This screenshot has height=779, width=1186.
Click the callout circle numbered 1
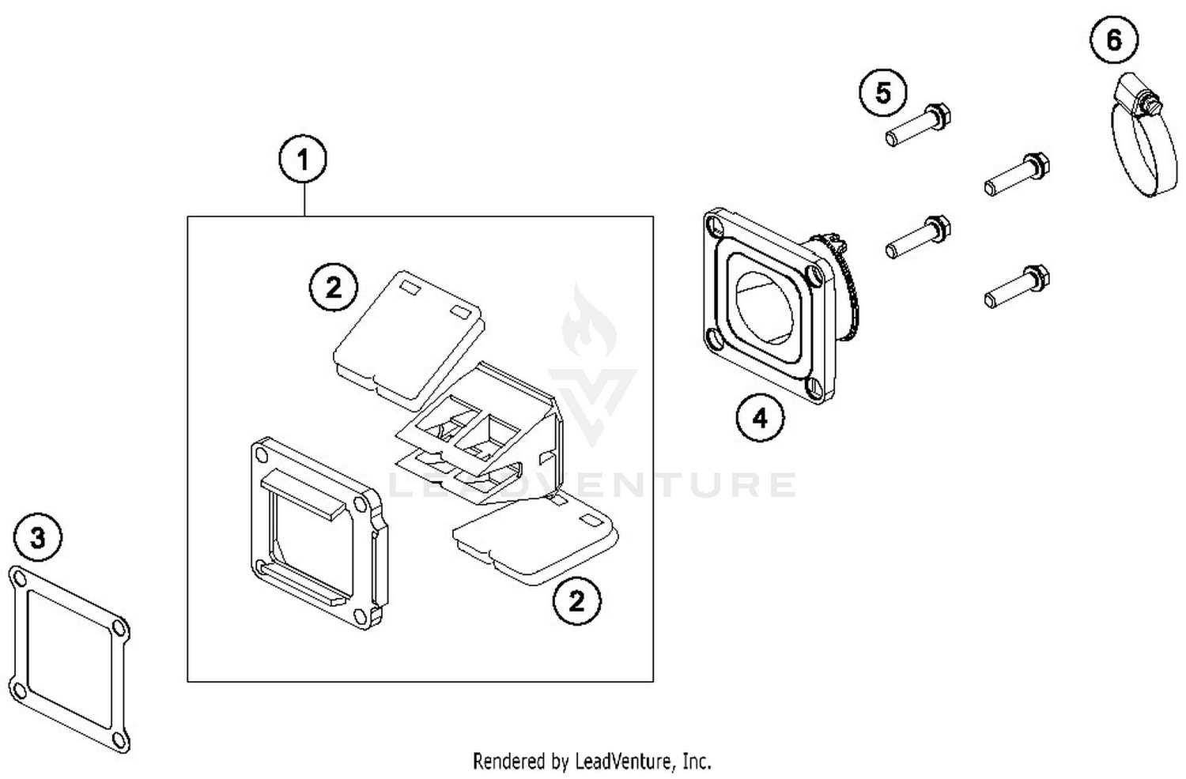[303, 160]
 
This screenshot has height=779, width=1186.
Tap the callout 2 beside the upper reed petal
[333, 287]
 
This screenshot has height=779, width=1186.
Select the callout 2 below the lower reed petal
[576, 601]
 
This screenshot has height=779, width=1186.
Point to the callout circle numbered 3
[38, 539]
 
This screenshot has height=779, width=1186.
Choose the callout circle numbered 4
[760, 418]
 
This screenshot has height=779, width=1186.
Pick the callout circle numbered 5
[883, 93]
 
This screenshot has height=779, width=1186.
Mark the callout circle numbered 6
[1114, 40]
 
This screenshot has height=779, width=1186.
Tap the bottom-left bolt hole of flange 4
[716, 341]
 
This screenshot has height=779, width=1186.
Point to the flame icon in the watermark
[589, 324]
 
